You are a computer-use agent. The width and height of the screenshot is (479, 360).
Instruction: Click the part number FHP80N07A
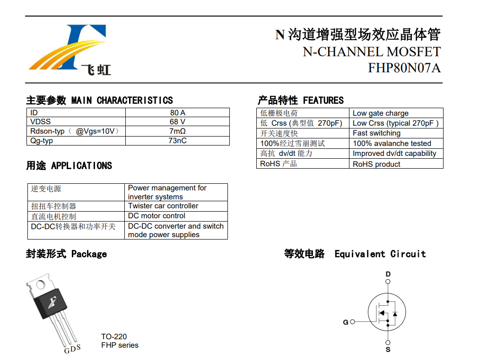[404, 68]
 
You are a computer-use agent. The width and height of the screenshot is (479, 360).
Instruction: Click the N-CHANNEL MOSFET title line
[372, 51]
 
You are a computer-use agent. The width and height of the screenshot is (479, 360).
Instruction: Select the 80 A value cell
[177, 112]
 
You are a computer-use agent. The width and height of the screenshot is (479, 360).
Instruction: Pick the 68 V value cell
[177, 121]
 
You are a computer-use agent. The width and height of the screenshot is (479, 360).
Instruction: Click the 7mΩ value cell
[177, 131]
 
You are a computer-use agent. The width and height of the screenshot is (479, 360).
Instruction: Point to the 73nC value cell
[177, 140]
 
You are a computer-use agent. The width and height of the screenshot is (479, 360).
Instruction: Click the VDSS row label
[41, 121]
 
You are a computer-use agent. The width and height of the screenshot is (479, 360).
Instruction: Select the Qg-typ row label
[42, 140]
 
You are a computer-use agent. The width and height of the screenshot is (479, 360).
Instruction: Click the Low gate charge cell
[381, 113]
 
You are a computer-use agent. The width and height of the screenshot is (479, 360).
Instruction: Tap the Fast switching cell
[376, 133]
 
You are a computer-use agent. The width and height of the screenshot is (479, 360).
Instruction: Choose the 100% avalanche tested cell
[392, 144]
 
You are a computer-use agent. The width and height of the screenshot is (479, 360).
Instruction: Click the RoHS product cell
[376, 164]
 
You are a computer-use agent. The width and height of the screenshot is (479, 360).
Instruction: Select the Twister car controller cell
[163, 206]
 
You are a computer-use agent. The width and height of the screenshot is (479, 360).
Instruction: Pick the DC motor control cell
[157, 216]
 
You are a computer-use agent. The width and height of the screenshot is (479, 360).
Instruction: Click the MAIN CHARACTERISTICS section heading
[122, 101]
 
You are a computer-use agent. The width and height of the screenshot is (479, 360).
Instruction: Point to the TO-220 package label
[114, 337]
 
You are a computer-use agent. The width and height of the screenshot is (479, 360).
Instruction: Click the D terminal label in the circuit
[388, 274]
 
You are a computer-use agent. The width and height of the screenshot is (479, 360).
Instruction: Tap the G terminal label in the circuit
[346, 322]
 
